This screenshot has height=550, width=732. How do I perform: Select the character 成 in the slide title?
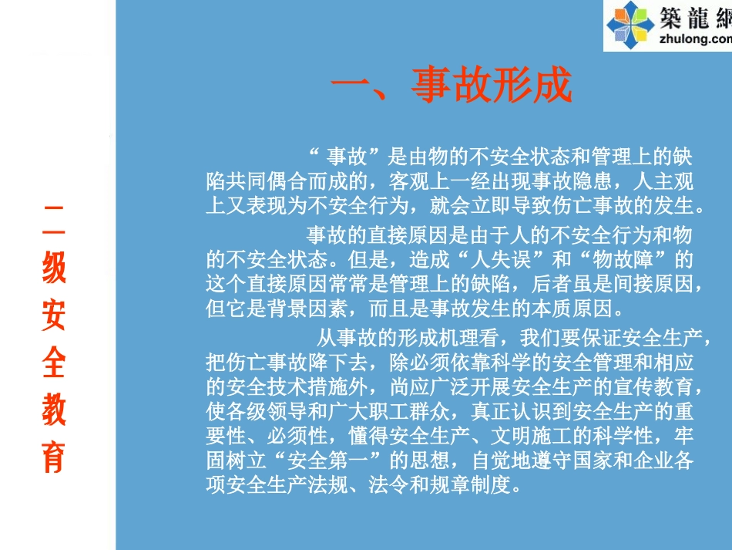pyautogui.click(x=552, y=85)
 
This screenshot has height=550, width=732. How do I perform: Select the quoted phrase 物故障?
pyautogui.click(x=631, y=258)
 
